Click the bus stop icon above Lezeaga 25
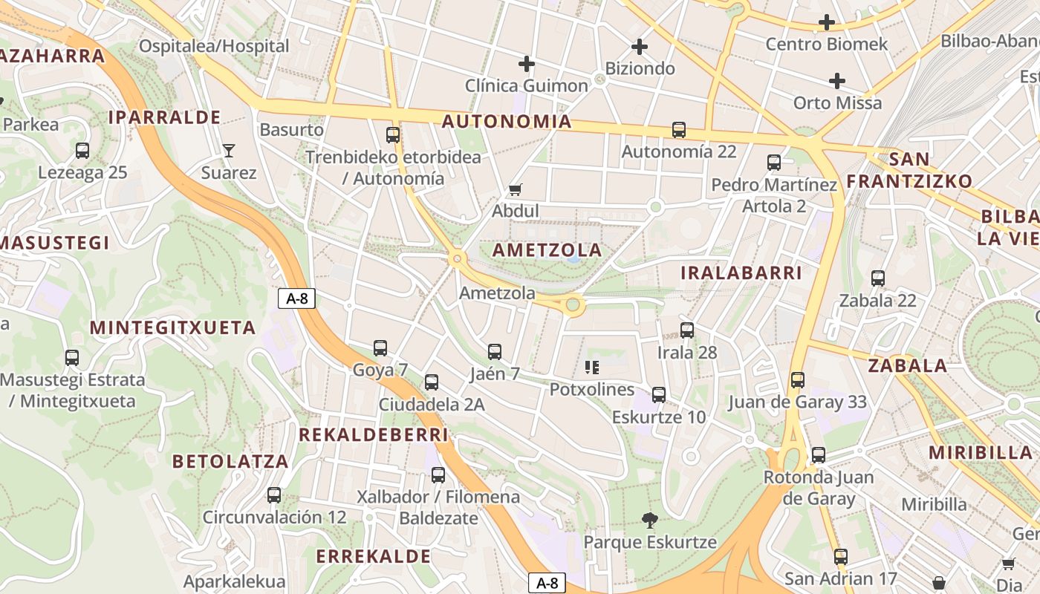click(x=82, y=151)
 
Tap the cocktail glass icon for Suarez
click(x=228, y=151)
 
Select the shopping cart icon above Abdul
click(x=515, y=189)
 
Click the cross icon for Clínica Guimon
click(x=527, y=64)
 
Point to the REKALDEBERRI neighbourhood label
click(x=374, y=435)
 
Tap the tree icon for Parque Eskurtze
click(x=650, y=520)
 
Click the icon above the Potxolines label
click(x=592, y=367)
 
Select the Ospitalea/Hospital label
click(x=214, y=46)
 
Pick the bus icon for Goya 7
click(x=380, y=347)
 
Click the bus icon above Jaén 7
click(x=495, y=352)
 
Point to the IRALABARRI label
click(x=741, y=273)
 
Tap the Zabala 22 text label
click(x=877, y=301)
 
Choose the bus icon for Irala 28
click(x=687, y=330)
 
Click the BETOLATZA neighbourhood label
click(x=230, y=461)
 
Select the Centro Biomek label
click(x=826, y=45)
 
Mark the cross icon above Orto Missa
click(x=837, y=81)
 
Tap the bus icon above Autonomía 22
click(x=679, y=130)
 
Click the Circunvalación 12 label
click(x=274, y=518)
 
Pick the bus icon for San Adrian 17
click(x=841, y=556)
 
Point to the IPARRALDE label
click(x=164, y=117)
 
